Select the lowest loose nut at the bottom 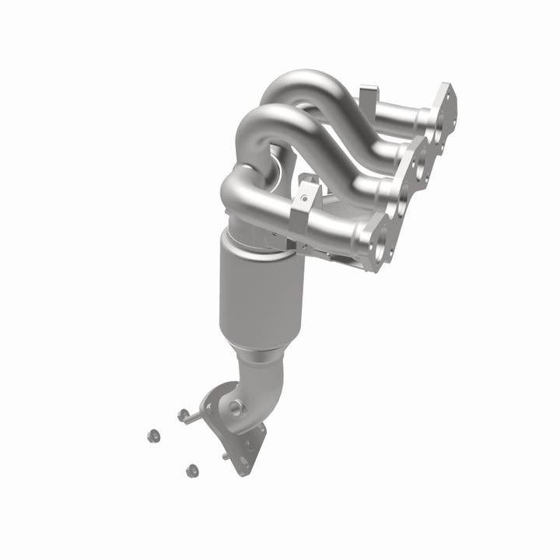191,470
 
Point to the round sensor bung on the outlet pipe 235,406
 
